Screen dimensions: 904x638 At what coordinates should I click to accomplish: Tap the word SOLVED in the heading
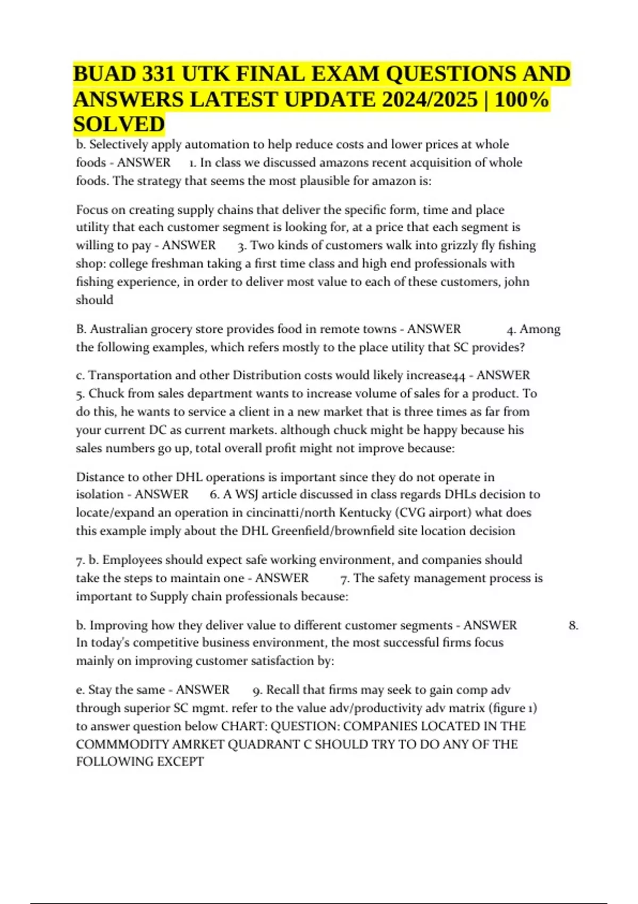point(119,124)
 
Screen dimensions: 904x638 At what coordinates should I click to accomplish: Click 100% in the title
point(522,99)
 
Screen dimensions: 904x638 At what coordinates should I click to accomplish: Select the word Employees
point(132,560)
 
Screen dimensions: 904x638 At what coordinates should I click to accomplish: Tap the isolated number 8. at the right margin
point(573,625)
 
